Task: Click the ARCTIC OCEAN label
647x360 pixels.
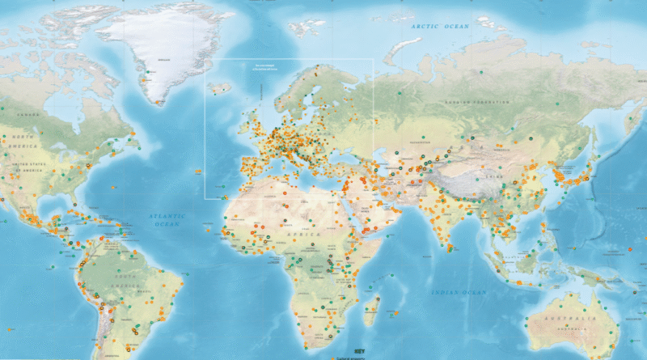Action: pyautogui.click(x=440, y=27)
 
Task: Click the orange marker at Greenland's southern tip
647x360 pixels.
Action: pyautogui.click(x=159, y=101)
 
